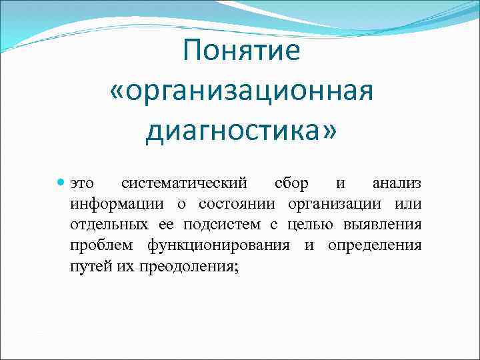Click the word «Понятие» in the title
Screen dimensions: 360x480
pyautogui.click(x=241, y=51)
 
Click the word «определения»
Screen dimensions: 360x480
pyautogui.click(x=374, y=245)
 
